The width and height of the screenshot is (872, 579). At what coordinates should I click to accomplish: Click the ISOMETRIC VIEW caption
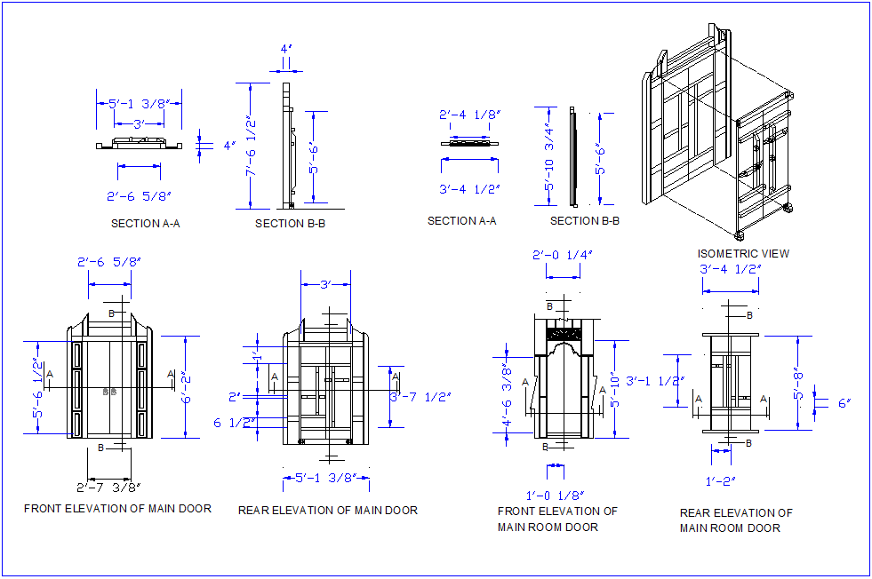(x=743, y=253)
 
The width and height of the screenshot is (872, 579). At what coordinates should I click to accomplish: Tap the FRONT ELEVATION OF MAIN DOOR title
(x=117, y=509)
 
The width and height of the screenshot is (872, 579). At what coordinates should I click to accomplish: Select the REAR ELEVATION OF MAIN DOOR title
(x=327, y=510)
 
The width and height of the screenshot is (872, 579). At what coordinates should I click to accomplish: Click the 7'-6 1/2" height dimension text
(x=252, y=147)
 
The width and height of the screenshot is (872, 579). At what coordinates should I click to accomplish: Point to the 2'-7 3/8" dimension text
(x=108, y=487)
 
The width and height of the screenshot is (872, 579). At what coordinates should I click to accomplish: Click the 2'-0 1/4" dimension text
(x=563, y=254)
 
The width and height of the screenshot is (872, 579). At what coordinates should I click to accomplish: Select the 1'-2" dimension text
(x=722, y=481)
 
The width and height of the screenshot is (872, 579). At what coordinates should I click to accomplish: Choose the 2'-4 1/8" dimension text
(x=469, y=115)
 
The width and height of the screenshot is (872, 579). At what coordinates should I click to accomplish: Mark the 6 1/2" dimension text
(x=231, y=423)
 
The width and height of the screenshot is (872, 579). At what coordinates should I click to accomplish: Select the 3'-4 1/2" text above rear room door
(x=730, y=269)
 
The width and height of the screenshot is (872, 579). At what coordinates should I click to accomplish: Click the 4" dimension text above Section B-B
(x=286, y=50)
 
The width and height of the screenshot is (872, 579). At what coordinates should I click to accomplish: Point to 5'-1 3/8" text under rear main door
(x=325, y=478)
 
